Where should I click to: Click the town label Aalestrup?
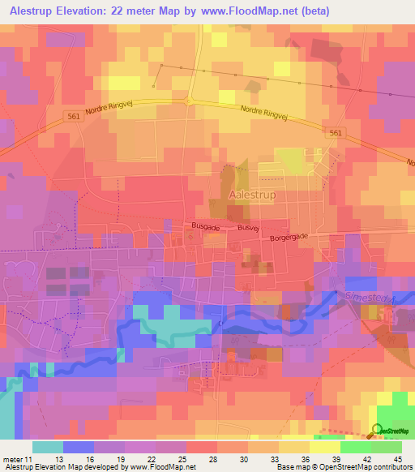[255, 195]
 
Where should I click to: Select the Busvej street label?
[248, 229]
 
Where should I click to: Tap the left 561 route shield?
[73, 116]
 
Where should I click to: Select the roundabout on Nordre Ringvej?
[190, 101]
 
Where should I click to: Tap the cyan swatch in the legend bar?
[47, 447]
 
